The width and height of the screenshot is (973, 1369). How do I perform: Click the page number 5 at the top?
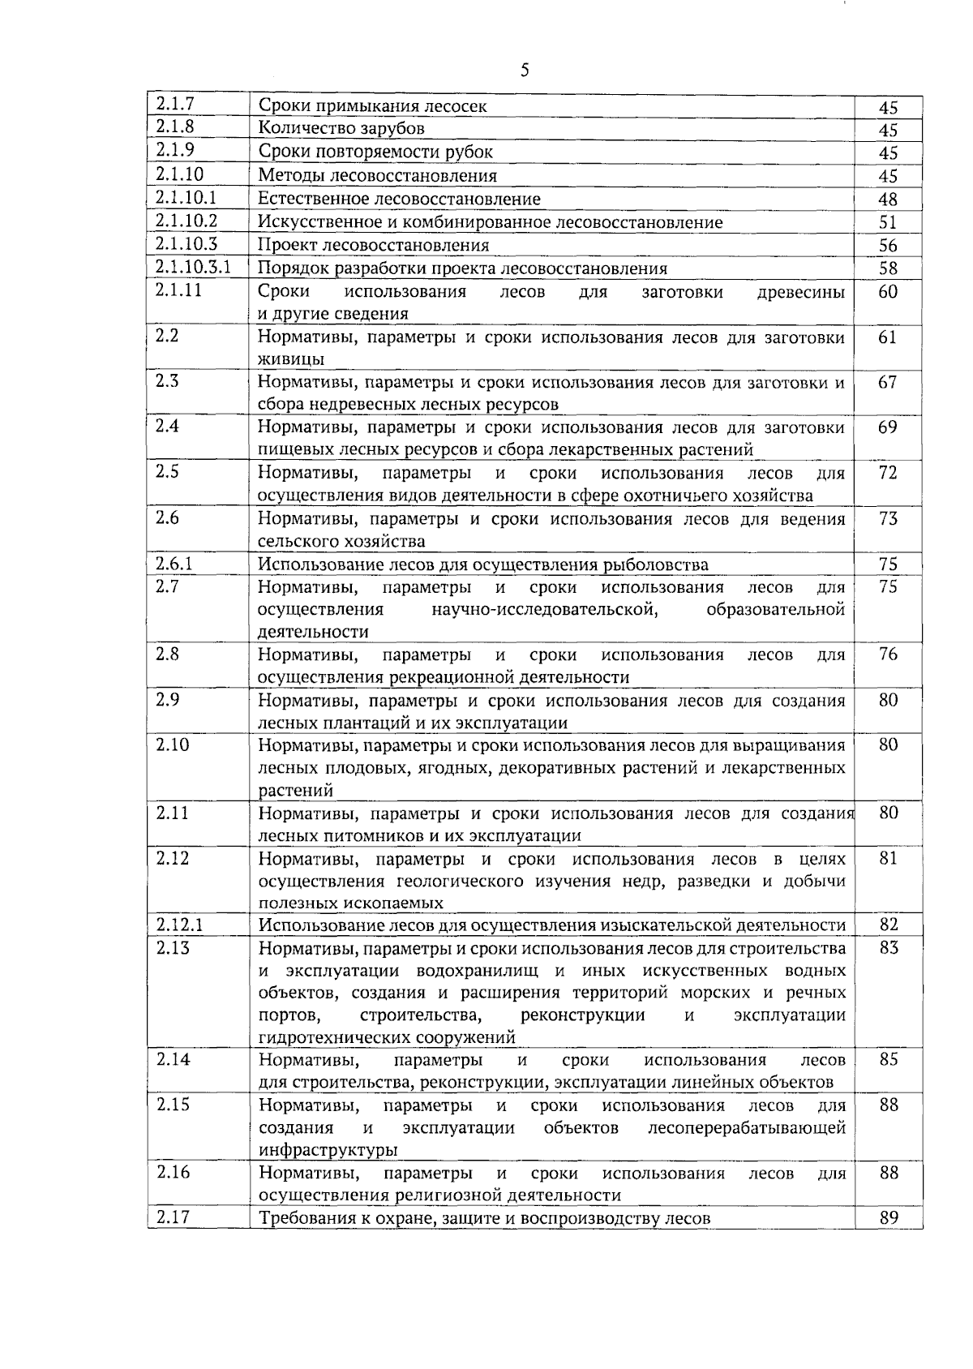pyautogui.click(x=525, y=71)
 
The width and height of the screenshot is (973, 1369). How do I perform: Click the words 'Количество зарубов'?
pyautogui.click(x=341, y=128)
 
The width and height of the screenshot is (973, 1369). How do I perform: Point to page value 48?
pyautogui.click(x=888, y=200)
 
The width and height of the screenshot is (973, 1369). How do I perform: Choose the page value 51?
pyautogui.click(x=888, y=222)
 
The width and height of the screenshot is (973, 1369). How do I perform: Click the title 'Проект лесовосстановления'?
pyautogui.click(x=373, y=245)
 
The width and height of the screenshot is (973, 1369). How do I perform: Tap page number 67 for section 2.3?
pyautogui.click(x=888, y=381)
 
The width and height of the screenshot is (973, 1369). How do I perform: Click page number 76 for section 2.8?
pyautogui.click(x=888, y=654)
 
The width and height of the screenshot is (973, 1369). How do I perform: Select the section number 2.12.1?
pyautogui.click(x=180, y=925)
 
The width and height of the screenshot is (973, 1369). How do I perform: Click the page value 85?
pyautogui.click(x=888, y=1059)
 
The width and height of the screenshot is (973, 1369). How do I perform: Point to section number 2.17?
pyautogui.click(x=172, y=1217)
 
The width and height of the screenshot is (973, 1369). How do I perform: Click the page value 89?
pyautogui.click(x=888, y=1217)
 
